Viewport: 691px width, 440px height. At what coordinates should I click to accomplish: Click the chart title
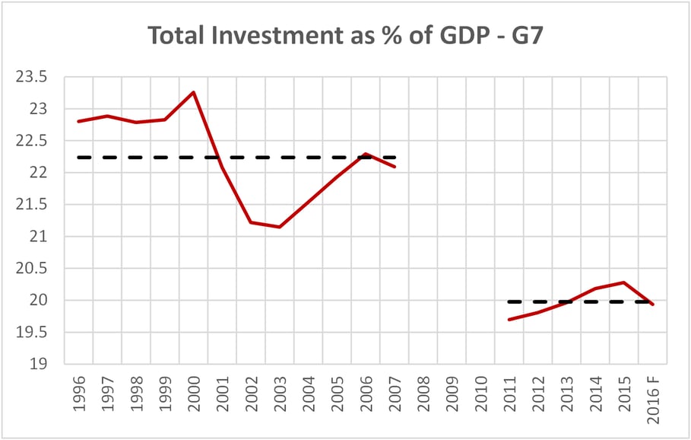click(x=345, y=35)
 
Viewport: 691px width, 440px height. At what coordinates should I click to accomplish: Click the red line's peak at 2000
click(x=194, y=92)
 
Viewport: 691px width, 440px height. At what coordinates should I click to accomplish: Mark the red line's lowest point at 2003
click(x=280, y=227)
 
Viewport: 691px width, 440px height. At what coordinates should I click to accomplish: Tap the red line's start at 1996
click(x=79, y=121)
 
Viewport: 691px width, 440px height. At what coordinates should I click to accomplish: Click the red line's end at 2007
click(x=395, y=167)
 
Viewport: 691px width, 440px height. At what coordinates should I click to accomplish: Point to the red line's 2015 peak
click(x=623, y=282)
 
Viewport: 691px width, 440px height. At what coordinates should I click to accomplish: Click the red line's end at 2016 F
click(x=652, y=304)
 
